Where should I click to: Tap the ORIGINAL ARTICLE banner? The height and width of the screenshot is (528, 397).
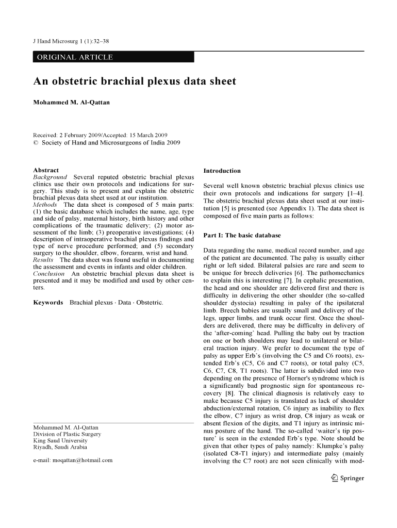tap(73, 57)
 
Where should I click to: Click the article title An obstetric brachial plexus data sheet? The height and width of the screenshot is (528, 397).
tap(135, 81)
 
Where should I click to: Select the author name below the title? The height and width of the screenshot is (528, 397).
tap(71, 103)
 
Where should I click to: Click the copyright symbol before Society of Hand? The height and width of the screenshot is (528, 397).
tap(36, 143)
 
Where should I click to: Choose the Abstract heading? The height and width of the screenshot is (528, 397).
tap(46, 170)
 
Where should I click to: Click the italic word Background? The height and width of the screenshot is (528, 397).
tap(50, 177)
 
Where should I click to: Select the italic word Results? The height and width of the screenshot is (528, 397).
tap(43, 260)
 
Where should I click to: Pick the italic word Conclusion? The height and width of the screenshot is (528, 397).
tap(48, 274)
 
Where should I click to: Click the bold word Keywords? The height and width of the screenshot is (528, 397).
tap(48, 302)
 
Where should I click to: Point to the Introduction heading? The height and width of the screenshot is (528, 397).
tap(222, 171)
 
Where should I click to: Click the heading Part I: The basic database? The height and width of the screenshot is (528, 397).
tap(242, 236)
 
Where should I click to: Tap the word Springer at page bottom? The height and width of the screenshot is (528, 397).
tap(353, 478)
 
